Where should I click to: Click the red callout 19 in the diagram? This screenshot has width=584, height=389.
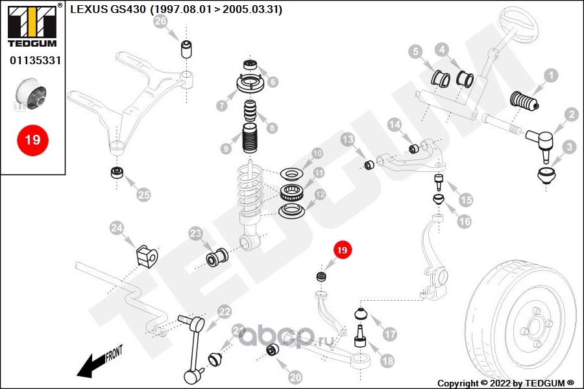pos(342,250)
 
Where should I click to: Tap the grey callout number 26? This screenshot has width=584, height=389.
pos(160,21)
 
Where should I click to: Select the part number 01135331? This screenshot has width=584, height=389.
pos(35,60)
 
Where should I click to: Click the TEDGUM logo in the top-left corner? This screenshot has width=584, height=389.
pos(32,25)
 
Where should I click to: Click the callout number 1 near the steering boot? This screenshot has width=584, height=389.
pos(551,76)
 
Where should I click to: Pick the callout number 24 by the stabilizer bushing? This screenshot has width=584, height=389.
pos(117,228)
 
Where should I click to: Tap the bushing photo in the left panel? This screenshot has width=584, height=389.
pos(31,93)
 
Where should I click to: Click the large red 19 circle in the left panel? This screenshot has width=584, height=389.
pos(32,140)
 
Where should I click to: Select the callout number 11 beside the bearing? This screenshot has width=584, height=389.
pos(319,172)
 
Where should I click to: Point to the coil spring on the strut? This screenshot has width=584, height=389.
pos(250,191)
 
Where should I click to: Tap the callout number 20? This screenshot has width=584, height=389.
pos(295,377)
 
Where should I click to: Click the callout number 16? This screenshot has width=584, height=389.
pos(464,222)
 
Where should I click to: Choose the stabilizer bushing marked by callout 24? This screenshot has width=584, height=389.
pos(147,255)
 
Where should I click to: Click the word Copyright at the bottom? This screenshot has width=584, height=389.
pos(457,383)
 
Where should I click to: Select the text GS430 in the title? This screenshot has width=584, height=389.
pos(128,9)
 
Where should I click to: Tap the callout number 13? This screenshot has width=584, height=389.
pos(348,139)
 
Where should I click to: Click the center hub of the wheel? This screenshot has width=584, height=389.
pos(534,329)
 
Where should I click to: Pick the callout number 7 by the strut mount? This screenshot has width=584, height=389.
pos(222,106)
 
